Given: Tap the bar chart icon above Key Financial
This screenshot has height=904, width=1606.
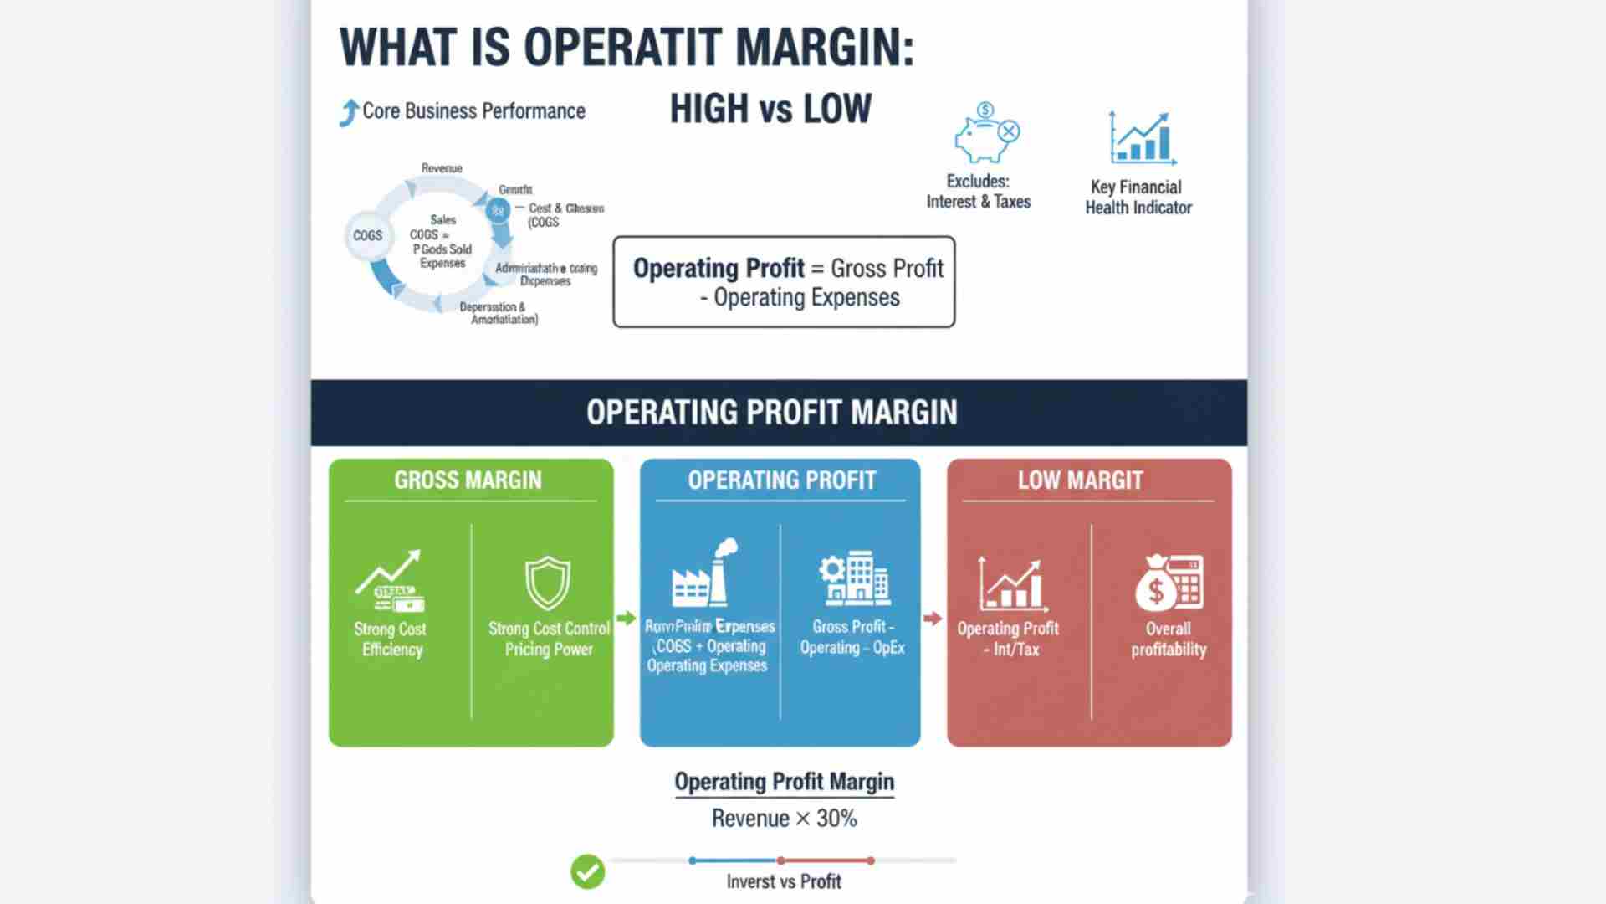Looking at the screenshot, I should (x=1141, y=139).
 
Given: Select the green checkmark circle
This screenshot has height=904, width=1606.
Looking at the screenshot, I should (x=587, y=871).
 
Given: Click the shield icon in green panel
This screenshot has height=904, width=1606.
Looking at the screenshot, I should (x=547, y=583).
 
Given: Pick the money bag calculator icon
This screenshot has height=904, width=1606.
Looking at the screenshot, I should (x=1169, y=583).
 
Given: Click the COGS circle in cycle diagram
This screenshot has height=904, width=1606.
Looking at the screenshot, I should (x=367, y=236).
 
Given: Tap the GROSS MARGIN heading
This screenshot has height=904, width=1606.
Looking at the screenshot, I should (x=468, y=480).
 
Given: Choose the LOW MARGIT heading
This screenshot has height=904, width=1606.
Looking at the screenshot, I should (x=1080, y=480).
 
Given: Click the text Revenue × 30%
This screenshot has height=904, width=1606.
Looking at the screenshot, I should (x=784, y=819).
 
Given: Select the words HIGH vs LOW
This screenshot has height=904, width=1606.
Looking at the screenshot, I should (x=770, y=110).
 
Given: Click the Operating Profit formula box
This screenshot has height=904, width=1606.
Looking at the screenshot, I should (x=784, y=282).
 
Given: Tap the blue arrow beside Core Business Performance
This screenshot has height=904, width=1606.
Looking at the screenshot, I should (x=349, y=112).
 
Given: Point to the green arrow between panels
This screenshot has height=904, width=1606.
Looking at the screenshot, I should (x=626, y=619).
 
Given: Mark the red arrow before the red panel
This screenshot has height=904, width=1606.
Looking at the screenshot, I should (x=933, y=619).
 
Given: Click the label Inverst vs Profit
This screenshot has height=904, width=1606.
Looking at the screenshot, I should (x=784, y=881).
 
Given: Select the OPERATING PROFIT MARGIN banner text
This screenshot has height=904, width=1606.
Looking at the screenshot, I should (x=771, y=413).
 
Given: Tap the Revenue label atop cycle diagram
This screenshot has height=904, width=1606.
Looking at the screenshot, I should (x=442, y=168).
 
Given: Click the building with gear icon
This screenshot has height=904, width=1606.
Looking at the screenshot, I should (x=853, y=578).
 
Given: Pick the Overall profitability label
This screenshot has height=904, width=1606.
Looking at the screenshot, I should (x=1169, y=639).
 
